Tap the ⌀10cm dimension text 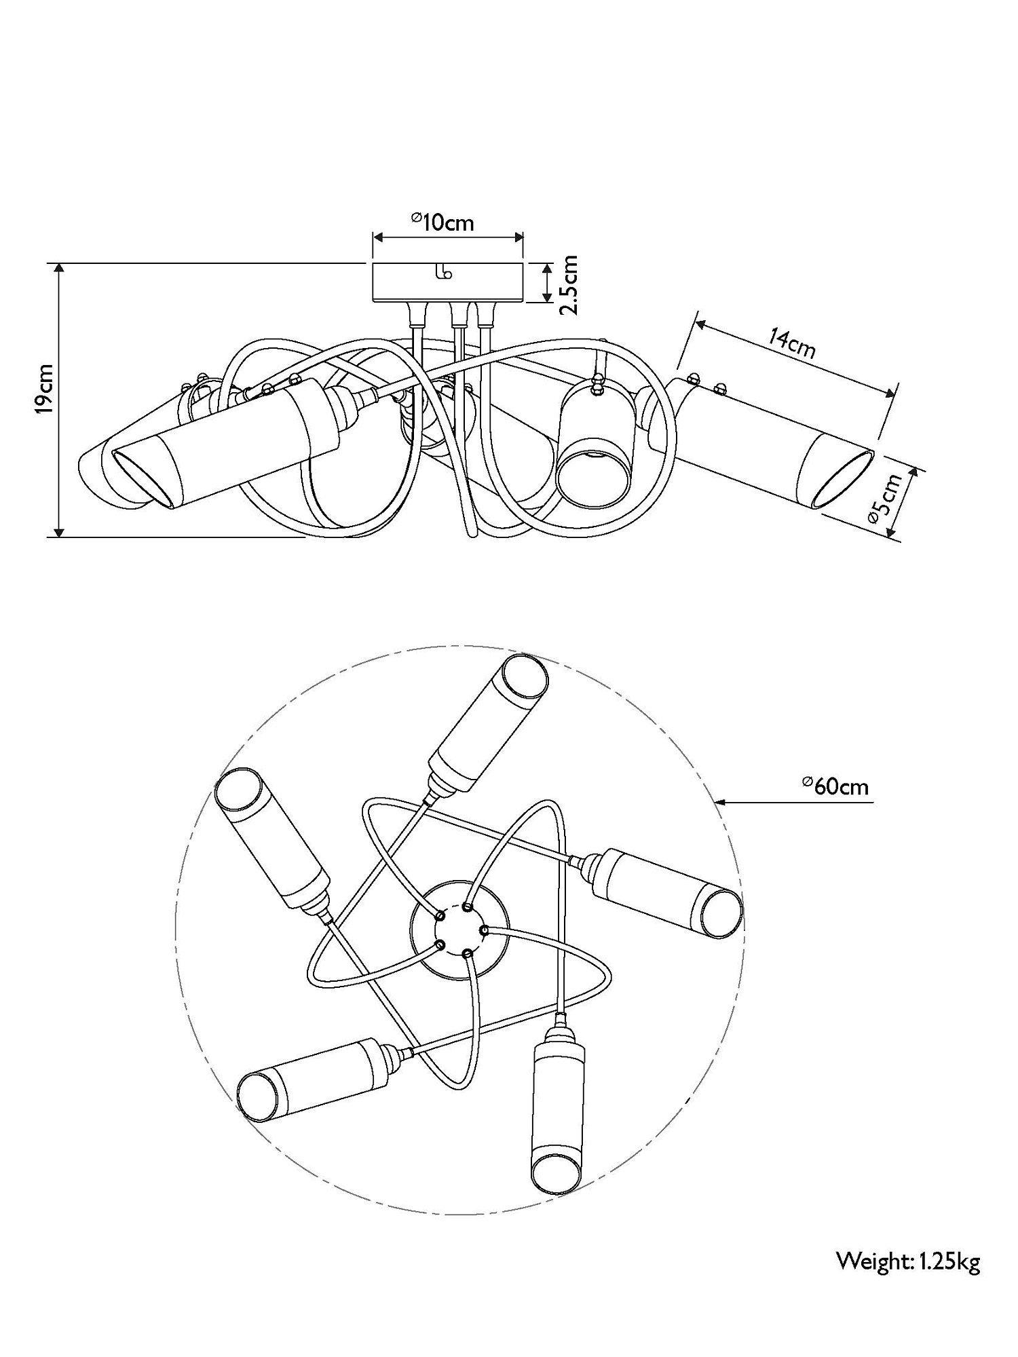click(x=442, y=221)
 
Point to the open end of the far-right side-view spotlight click(x=844, y=478)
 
